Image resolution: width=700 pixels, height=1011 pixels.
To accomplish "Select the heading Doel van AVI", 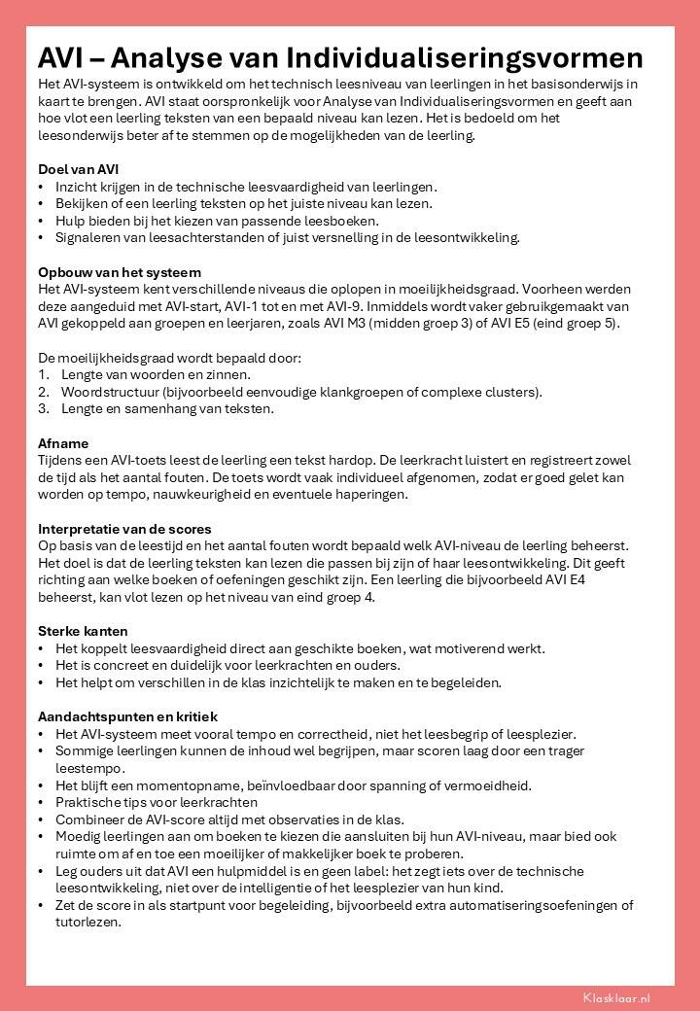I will click(79, 169).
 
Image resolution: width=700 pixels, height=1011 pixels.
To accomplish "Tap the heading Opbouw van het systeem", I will click(120, 272).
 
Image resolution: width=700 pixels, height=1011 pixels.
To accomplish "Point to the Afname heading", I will click(63, 443).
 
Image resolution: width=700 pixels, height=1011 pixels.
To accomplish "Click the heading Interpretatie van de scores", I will click(127, 529).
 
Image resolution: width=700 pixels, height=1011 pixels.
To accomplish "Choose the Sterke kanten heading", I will click(83, 631).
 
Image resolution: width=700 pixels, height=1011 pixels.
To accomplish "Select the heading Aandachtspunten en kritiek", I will click(127, 716).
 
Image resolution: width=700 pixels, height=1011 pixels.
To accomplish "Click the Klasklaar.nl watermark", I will click(616, 997).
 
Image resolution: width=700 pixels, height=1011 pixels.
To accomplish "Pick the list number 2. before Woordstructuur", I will click(45, 392).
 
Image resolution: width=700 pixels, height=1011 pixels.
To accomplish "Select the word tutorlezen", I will click(87, 923).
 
